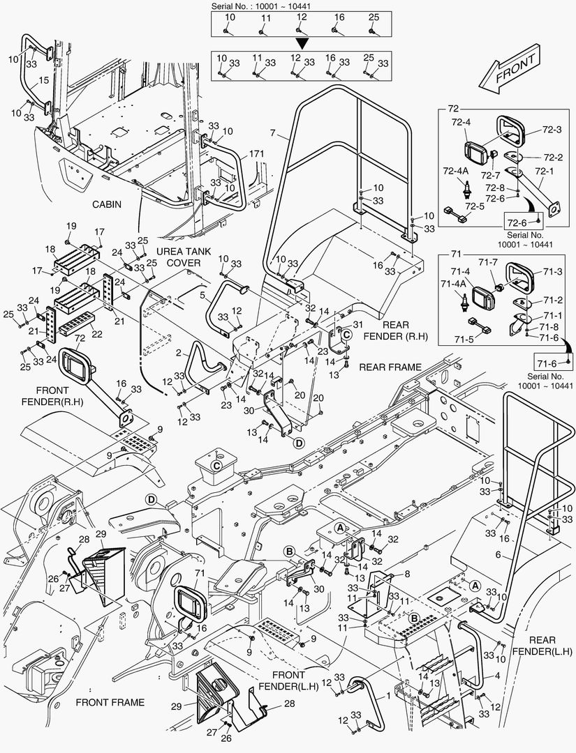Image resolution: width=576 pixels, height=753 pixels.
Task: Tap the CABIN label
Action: pos(106,205)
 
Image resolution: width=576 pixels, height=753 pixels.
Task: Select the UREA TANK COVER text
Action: pos(178,257)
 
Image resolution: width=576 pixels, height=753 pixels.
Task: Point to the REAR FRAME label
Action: pos(390,367)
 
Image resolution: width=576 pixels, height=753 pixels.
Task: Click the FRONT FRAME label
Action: pos(110,702)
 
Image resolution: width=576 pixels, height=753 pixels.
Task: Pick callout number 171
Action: pos(256,153)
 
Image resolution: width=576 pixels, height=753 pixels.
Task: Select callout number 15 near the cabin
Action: pos(43,80)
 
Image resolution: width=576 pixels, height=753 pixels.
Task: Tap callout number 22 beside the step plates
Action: pos(96,334)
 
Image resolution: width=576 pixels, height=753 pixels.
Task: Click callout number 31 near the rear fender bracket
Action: pos(358,325)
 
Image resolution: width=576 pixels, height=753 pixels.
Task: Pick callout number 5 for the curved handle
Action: pos(202,296)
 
